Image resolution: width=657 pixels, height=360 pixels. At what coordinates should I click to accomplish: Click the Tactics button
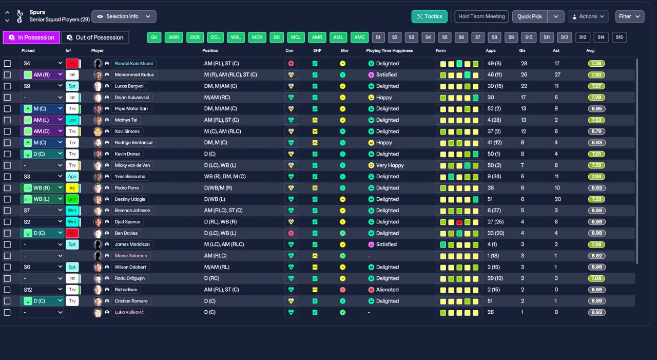pos(430,16)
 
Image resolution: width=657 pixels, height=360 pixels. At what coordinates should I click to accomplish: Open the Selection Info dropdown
pos(124,16)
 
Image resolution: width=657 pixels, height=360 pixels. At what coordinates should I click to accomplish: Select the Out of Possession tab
pos(95,37)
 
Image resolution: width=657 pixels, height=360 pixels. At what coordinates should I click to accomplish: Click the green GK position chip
pos(154,37)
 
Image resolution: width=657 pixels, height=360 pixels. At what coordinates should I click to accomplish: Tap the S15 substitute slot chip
pos(619,37)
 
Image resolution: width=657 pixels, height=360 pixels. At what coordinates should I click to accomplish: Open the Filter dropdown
pos(630,16)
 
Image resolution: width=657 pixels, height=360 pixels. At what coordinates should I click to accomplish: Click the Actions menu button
pos(588,16)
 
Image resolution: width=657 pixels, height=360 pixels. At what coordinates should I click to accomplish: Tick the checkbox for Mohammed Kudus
pos(7,75)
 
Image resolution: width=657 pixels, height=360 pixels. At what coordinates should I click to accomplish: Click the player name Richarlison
pos(126,290)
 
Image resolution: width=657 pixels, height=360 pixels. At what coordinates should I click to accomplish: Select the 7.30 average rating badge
pos(596,75)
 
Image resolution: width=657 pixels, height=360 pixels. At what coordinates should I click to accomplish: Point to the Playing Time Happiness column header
pos(390,50)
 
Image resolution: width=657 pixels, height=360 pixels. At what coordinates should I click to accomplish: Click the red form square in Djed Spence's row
pos(459,222)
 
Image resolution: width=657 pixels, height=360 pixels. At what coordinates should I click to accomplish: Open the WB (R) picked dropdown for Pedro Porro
pos(42,188)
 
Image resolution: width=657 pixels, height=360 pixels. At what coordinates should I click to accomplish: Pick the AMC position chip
pos(359,37)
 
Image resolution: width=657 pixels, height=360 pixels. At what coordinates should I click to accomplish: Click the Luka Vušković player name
pos(129,312)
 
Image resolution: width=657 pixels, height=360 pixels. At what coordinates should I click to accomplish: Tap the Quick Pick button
pos(530,16)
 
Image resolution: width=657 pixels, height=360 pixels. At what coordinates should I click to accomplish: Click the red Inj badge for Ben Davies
pos(72,233)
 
